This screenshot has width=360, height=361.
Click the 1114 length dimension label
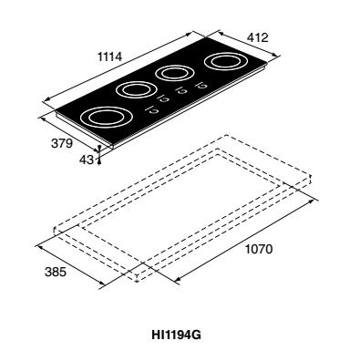(109, 57)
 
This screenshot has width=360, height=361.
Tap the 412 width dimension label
(257, 37)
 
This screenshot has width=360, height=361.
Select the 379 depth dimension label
(62, 143)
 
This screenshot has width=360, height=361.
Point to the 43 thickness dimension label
(87, 160)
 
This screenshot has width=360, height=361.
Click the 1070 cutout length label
(259, 249)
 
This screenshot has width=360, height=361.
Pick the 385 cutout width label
(56, 272)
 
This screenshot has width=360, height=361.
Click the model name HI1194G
(176, 335)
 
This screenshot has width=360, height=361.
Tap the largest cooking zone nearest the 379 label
(107, 117)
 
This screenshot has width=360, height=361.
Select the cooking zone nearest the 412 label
(226, 62)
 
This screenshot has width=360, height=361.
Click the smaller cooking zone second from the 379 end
(137, 90)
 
